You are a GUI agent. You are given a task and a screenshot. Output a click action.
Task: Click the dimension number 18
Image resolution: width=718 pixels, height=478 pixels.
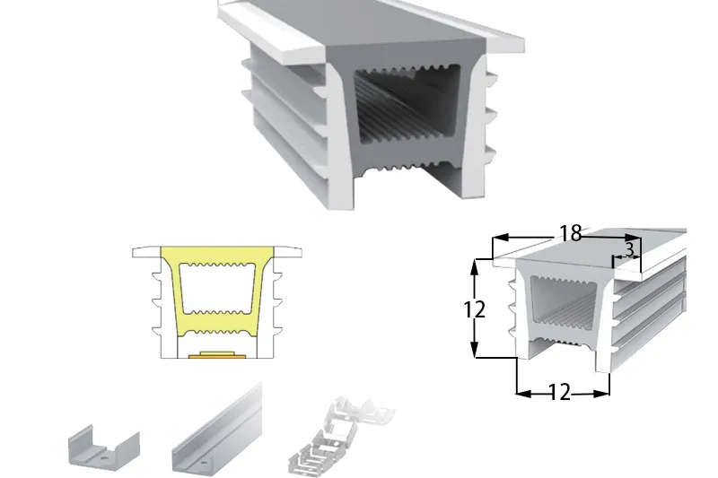(571, 233)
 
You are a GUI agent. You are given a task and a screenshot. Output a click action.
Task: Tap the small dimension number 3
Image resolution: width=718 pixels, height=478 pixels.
(629, 249)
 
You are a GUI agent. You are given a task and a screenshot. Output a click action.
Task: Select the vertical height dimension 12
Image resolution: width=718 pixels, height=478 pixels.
(475, 310)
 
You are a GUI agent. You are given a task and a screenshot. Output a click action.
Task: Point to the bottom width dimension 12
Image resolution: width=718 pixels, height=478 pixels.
(559, 393)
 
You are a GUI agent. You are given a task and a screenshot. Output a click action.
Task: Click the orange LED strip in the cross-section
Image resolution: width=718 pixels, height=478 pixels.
(212, 355)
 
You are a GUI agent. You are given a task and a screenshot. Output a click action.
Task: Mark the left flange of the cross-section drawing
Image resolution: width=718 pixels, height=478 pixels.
(146, 252)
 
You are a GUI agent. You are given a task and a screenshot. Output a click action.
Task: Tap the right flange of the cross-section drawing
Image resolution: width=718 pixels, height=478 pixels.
(287, 252)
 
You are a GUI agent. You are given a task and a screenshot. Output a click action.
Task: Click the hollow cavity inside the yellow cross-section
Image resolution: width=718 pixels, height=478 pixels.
(216, 289)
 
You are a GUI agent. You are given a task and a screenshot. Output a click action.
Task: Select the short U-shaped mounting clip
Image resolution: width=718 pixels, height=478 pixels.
(103, 448)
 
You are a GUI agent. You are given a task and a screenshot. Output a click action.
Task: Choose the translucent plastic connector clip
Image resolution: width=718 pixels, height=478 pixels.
(341, 435)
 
